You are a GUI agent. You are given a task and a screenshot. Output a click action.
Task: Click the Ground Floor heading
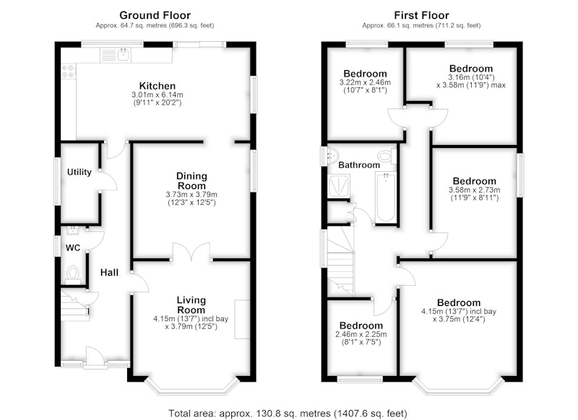(x=155, y=15)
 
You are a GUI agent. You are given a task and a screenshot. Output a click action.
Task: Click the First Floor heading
(x=421, y=15)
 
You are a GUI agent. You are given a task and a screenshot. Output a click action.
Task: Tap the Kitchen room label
(x=158, y=86)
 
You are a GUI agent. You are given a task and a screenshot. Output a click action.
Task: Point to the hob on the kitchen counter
(x=69, y=71)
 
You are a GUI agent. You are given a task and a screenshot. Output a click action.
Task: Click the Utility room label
(x=79, y=172)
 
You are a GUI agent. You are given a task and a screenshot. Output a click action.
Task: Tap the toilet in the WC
(x=73, y=274)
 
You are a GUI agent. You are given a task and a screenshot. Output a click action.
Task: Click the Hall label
(x=110, y=272)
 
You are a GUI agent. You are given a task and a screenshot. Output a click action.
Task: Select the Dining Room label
(x=191, y=180)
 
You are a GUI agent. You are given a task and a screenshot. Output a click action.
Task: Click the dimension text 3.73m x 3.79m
(x=191, y=194)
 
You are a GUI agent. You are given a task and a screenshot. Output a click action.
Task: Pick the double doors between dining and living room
(x=191, y=252)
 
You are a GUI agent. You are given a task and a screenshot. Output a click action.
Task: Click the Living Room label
(x=191, y=305)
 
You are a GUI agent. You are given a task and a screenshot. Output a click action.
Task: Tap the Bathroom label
(x=359, y=165)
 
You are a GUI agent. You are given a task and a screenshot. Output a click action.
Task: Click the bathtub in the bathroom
(x=386, y=198)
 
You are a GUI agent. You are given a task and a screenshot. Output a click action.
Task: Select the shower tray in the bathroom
(x=338, y=185)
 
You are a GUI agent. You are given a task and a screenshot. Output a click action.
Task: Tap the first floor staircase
(x=340, y=262)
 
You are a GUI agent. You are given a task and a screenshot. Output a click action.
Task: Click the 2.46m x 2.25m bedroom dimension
(x=361, y=335)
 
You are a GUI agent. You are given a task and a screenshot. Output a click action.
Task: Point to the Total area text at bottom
(x=288, y=414)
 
